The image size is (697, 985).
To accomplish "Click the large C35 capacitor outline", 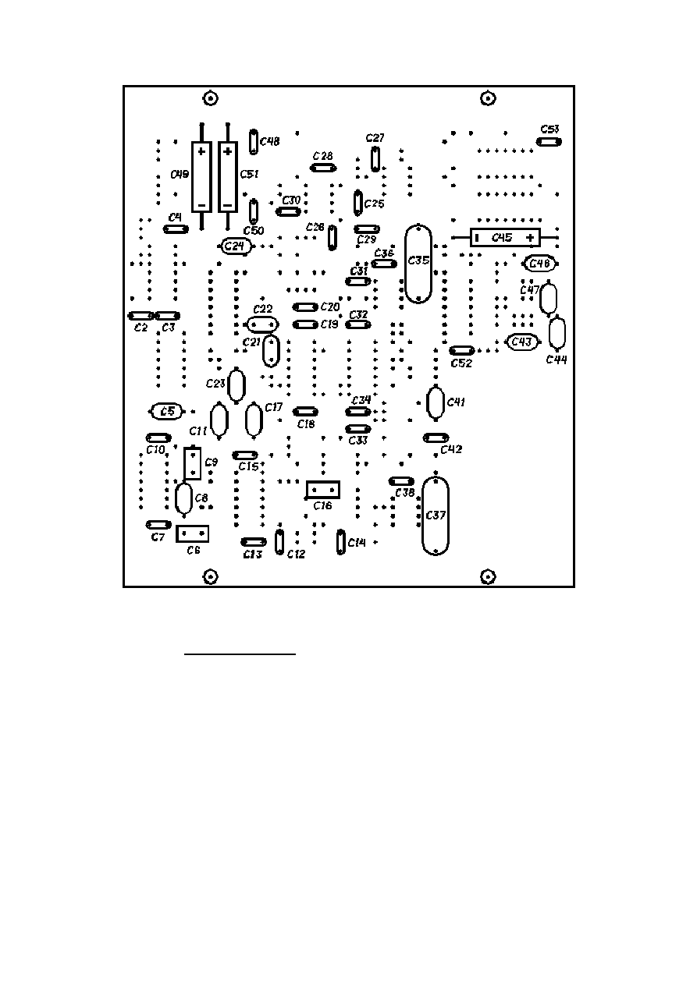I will click(x=418, y=264).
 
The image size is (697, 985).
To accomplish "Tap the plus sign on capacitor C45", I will click(x=531, y=237).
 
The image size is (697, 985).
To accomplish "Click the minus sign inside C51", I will click(x=227, y=205).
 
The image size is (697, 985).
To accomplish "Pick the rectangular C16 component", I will click(x=322, y=490).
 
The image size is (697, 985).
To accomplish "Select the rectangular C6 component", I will click(x=192, y=534).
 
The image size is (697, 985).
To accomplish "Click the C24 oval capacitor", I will click(x=233, y=246).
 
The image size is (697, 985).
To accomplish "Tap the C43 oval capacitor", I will click(x=521, y=342).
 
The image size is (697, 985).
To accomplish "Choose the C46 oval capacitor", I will click(x=539, y=264).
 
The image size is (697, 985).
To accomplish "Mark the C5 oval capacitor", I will click(x=165, y=411).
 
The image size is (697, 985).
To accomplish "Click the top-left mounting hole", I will click(x=210, y=98).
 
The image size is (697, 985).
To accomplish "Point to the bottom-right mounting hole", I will click(x=488, y=576).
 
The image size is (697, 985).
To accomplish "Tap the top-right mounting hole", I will click(x=488, y=98).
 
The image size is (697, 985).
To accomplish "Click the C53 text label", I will click(x=549, y=129).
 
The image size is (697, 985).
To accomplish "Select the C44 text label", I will click(x=557, y=360).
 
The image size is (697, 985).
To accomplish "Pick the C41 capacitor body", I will click(x=436, y=402).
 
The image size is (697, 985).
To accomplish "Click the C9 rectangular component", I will click(x=192, y=463).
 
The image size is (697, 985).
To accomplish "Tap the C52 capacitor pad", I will click(x=462, y=351).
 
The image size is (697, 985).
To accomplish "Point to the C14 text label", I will click(x=357, y=542).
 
